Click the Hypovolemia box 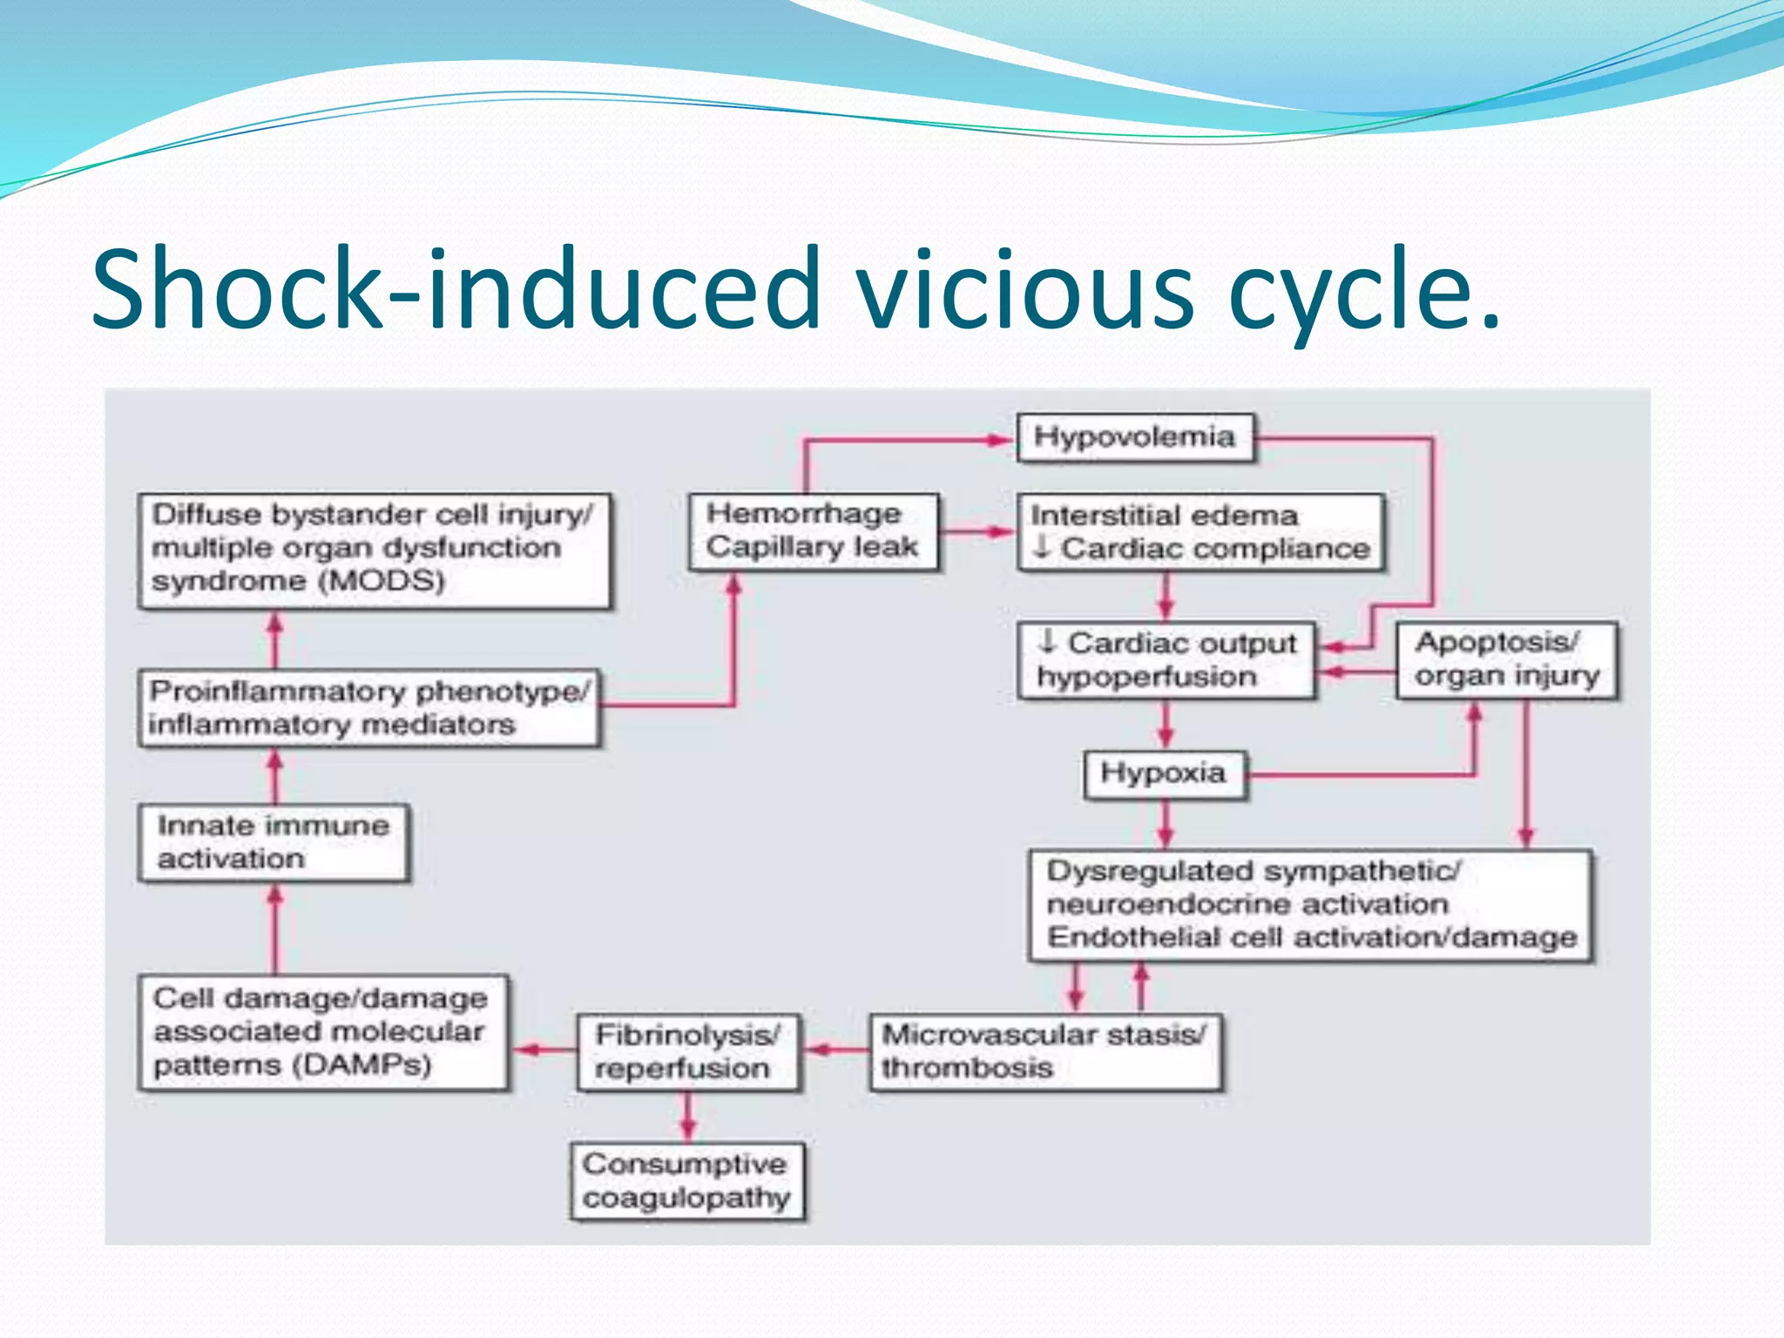tap(1135, 437)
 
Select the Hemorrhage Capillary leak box tap(814, 531)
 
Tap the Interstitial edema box tap(1200, 531)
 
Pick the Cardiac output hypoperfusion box tap(1166, 660)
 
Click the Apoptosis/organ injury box tap(1507, 659)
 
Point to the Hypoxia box tap(1164, 774)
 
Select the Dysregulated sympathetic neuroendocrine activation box tap(1311, 905)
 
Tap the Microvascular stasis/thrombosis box tap(1045, 1051)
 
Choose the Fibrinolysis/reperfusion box tap(688, 1052)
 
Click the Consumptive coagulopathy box tap(687, 1181)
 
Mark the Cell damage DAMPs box tap(322, 1032)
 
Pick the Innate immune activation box tap(274, 843)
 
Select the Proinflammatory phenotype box tap(369, 708)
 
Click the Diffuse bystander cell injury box tap(375, 550)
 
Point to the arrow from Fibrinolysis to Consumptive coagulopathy tap(688, 1117)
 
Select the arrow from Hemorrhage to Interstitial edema tap(978, 531)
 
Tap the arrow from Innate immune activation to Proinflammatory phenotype tap(275, 777)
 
